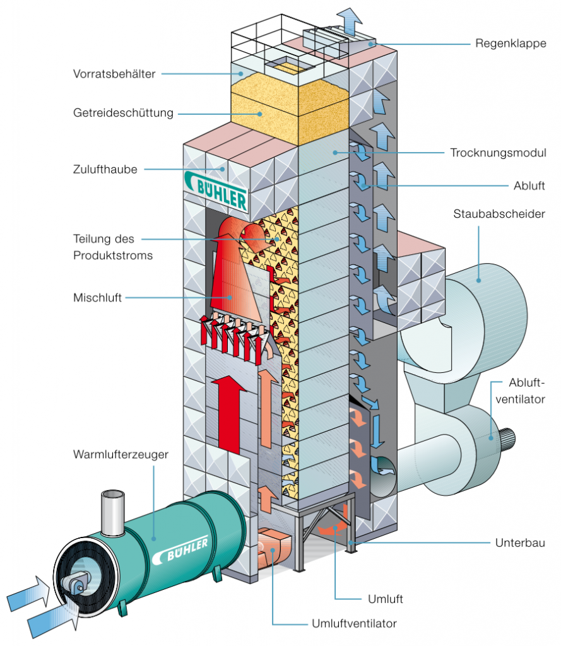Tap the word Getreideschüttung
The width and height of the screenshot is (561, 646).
pyautogui.click(x=122, y=114)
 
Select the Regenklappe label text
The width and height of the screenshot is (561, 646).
pyautogui.click(x=511, y=44)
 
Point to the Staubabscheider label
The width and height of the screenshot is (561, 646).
pyautogui.click(x=499, y=214)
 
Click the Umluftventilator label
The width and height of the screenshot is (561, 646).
pyautogui.click(x=354, y=623)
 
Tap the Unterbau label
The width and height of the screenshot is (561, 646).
pyautogui.click(x=517, y=543)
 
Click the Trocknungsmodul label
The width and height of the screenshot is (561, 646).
pyautogui.click(x=499, y=153)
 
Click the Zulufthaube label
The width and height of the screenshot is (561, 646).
pyautogui.click(x=105, y=169)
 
